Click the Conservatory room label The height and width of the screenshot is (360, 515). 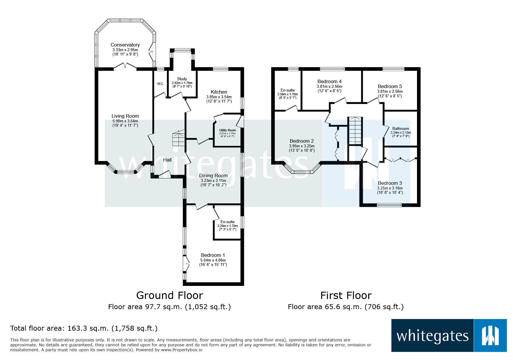pyautogui.click(x=125, y=45)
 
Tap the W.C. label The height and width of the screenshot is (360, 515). pyautogui.click(x=161, y=84)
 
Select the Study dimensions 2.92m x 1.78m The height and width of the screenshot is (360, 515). pyautogui.click(x=182, y=83)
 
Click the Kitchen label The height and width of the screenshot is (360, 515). pyautogui.click(x=219, y=92)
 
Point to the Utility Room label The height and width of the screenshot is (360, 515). pyautogui.click(x=227, y=130)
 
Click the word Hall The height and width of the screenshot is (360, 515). pyautogui.click(x=167, y=160)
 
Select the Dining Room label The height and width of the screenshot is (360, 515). pyautogui.click(x=213, y=175)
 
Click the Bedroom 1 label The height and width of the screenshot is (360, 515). pyautogui.click(x=213, y=255)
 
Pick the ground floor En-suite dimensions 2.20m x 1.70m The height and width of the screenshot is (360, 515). pyautogui.click(x=227, y=226)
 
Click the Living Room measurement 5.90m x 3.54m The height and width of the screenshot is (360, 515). pyautogui.click(x=125, y=121)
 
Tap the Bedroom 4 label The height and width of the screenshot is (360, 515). pyautogui.click(x=329, y=81)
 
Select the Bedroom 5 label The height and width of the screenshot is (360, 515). pyautogui.click(x=390, y=86)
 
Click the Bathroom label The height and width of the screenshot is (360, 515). pyautogui.click(x=400, y=128)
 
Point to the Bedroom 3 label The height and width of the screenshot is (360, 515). pyautogui.click(x=390, y=183)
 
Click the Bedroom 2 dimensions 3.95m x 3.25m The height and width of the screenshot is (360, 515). pyautogui.click(x=302, y=146)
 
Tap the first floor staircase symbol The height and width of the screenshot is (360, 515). pyautogui.click(x=355, y=131)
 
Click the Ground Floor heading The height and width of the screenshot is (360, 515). pyautogui.click(x=170, y=295)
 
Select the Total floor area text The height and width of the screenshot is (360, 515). pyautogui.click(x=84, y=328)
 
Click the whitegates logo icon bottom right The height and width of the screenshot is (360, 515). pyautogui.click(x=490, y=336)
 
